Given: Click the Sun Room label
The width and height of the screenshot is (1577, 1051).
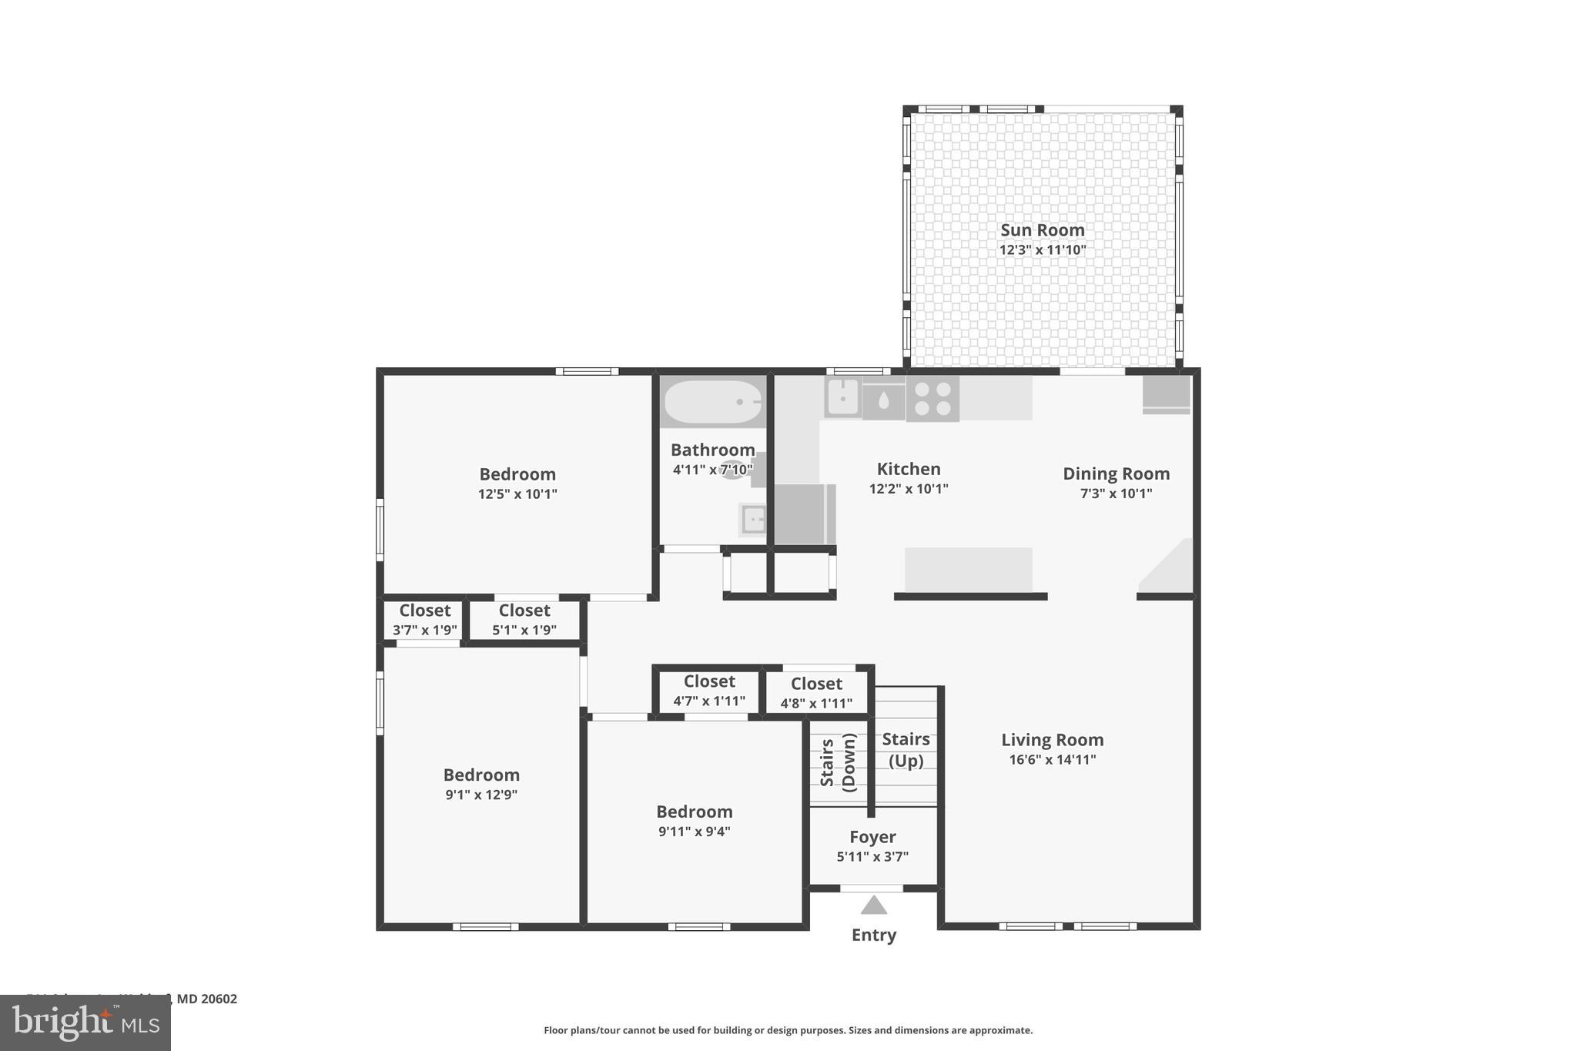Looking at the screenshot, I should coord(1042,230).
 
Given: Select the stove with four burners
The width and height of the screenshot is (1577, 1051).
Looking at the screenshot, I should coord(932,399).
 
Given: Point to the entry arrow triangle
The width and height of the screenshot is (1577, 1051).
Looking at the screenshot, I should coord(873,905).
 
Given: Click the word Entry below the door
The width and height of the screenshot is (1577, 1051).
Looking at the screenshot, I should coord(873,935).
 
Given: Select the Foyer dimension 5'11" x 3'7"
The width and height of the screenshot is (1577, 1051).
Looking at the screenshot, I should coord(872,856).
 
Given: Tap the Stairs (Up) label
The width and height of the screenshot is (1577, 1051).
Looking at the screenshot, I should coord(906,749).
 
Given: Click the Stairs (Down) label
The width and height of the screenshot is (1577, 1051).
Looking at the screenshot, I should coord(838,762).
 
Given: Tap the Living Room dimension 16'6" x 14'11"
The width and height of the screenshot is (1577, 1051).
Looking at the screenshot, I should coord(1052,759).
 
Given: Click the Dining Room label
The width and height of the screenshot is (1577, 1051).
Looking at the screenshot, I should coord(1116,474).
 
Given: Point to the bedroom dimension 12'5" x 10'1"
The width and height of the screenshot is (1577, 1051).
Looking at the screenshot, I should coord(517,494).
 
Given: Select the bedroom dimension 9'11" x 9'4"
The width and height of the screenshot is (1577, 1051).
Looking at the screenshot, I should coord(694,831).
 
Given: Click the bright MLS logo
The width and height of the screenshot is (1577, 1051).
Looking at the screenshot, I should coord(85,1023).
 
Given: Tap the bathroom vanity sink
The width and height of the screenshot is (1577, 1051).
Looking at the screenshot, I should coord(752,520).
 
